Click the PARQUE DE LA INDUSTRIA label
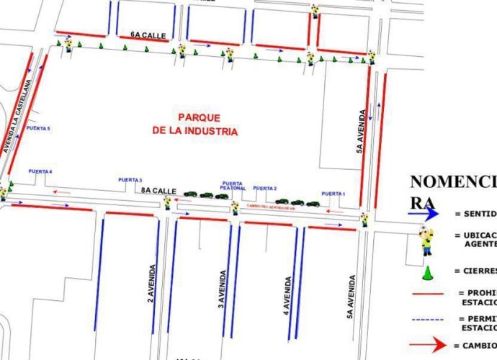[x=194, y=124]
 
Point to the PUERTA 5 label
[x=38, y=127]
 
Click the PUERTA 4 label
[x=41, y=171]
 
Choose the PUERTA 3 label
[x=130, y=179]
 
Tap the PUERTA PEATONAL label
[x=234, y=186]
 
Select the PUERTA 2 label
[x=264, y=188]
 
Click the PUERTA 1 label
[x=333, y=194]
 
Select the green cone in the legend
[x=427, y=272]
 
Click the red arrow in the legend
[x=427, y=344]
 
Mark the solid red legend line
[x=428, y=294]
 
